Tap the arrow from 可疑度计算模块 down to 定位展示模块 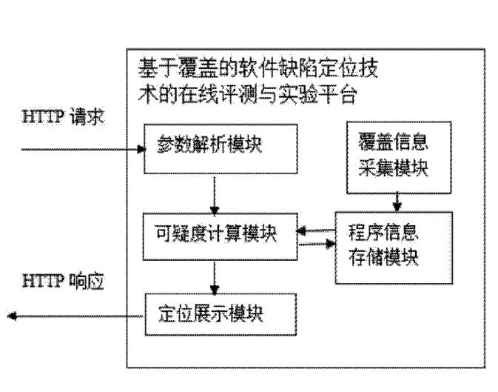coord(214,276)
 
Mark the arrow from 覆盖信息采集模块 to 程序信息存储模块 coord(397,202)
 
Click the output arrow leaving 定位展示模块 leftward coord(74,317)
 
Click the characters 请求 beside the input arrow coord(90,119)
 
